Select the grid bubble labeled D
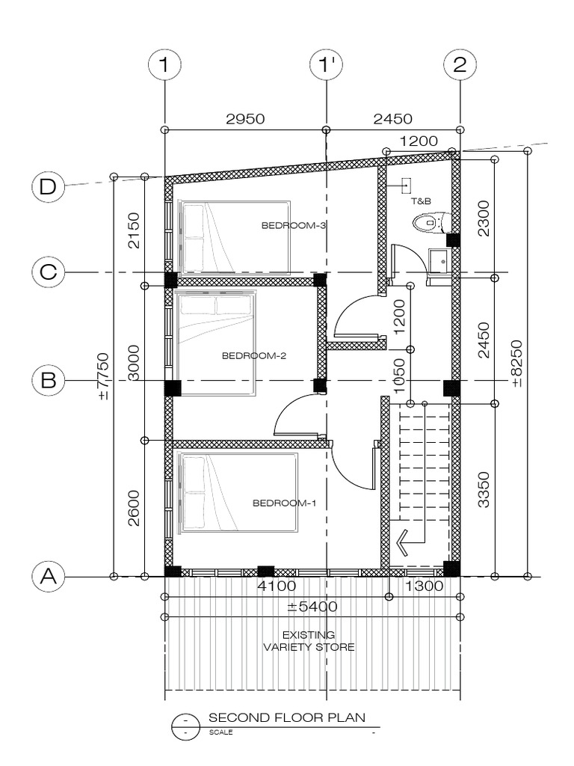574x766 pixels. click(x=48, y=186)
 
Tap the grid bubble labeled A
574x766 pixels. click(x=48, y=576)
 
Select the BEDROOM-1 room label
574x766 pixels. click(x=284, y=503)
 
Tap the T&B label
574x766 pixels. click(x=420, y=201)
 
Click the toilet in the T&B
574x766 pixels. click(x=432, y=222)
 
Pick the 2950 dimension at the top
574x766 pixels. click(x=244, y=118)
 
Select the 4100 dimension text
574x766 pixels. click(x=277, y=586)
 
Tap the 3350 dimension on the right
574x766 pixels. click(x=484, y=490)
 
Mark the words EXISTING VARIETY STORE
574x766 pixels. click(x=309, y=641)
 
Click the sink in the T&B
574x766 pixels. click(x=439, y=261)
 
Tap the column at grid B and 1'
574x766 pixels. click(x=320, y=386)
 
